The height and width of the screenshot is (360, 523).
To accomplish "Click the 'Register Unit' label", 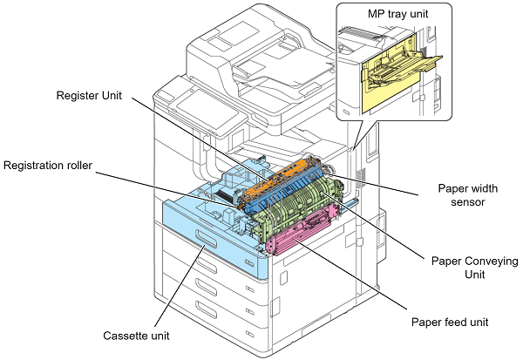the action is coord(89,95).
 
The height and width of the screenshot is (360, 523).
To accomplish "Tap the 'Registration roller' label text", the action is coord(48,166).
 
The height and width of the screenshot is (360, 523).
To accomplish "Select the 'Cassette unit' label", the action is coord(136,336).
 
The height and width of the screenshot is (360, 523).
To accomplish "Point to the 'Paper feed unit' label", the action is coord(450,323).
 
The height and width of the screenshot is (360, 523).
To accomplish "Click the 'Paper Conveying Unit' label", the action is coord(475,268).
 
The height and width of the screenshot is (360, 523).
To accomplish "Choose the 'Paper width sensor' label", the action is coord(467,195).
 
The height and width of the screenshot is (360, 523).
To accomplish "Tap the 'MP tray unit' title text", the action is coord(397,14).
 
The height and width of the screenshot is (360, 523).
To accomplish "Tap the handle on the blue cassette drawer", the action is coord(206,240).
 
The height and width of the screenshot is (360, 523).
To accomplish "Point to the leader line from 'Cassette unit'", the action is coord(180,286).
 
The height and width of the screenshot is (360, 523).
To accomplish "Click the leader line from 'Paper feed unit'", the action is coord(350,275).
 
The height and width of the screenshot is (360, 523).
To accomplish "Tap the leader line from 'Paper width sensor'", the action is coord(372,184).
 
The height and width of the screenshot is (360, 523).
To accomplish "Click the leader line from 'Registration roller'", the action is coord(166,190).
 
